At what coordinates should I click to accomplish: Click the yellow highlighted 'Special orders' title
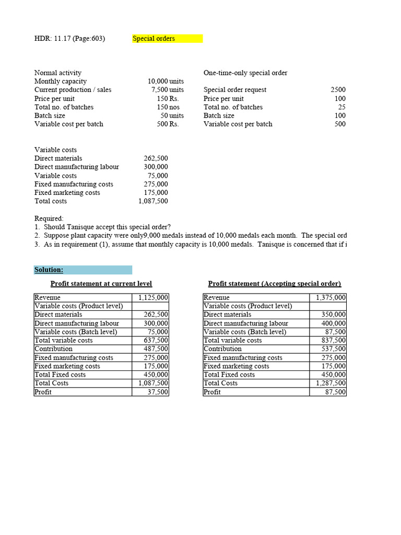coord(155,39)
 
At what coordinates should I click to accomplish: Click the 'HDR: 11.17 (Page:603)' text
coord(69,39)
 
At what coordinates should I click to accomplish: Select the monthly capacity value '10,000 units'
coord(166,82)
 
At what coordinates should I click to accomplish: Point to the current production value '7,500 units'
coord(167,90)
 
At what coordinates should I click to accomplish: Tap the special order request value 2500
coord(338,90)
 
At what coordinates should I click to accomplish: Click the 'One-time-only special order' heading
coord(245,73)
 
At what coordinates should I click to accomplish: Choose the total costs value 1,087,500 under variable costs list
coord(154,201)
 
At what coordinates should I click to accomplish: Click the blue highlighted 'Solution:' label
coord(49,270)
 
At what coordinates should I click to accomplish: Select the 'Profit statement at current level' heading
coord(101,284)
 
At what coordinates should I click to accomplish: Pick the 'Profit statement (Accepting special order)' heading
coord(274,284)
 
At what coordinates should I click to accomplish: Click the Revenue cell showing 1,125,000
coord(153,298)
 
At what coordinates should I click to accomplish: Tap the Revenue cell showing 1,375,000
coord(331,298)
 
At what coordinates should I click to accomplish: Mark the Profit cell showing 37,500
coord(157,392)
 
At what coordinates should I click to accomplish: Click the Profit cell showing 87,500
coord(335,392)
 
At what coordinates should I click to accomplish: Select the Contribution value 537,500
coord(333,349)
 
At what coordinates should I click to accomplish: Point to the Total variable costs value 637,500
coord(156,341)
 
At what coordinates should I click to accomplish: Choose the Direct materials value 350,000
coord(333,315)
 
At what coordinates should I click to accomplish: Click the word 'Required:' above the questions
coord(49,218)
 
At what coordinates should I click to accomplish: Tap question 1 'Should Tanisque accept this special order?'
coord(107,227)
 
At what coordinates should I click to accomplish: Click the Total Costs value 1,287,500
coord(331,383)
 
